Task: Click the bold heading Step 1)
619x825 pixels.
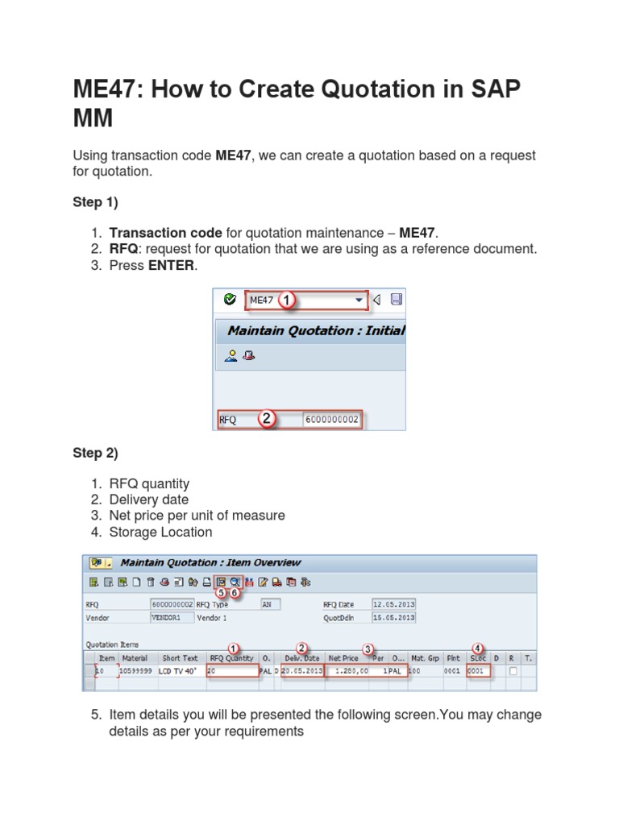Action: coord(95,202)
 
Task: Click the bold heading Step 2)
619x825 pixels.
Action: coord(95,453)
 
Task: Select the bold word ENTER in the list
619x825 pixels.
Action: coord(171,265)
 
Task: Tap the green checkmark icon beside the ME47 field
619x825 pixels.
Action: coord(230,300)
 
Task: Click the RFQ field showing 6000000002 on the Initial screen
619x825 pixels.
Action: coord(332,420)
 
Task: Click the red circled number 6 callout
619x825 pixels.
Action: coord(235,592)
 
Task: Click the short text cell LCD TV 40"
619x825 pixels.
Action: coord(178,670)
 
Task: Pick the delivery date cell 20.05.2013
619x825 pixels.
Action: coord(302,670)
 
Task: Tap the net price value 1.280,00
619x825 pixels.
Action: coord(350,670)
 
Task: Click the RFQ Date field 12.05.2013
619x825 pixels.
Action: coord(393,603)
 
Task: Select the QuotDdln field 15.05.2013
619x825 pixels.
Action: coord(393,618)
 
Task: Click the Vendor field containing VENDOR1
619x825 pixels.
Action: coord(172,618)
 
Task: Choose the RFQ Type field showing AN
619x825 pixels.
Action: coord(276,603)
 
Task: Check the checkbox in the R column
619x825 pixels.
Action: coord(513,670)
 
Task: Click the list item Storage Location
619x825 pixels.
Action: coord(160,532)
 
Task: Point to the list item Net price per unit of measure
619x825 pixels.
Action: coord(197,516)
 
